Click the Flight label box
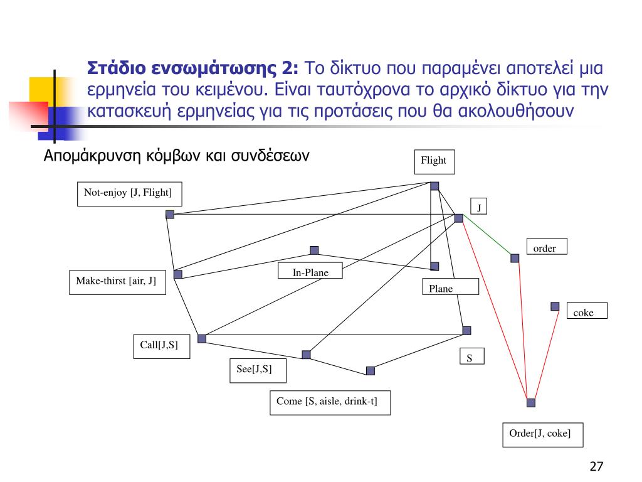(433, 161)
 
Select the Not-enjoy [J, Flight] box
(129, 193)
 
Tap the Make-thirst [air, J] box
(116, 282)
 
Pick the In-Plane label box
(311, 273)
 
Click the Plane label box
(450, 287)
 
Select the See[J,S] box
(257, 370)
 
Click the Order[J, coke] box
(542, 434)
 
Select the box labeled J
(479, 206)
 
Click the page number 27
(596, 466)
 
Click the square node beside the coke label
(555, 306)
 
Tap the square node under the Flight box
(434, 186)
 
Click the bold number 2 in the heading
(292, 68)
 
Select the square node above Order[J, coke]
(531, 402)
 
